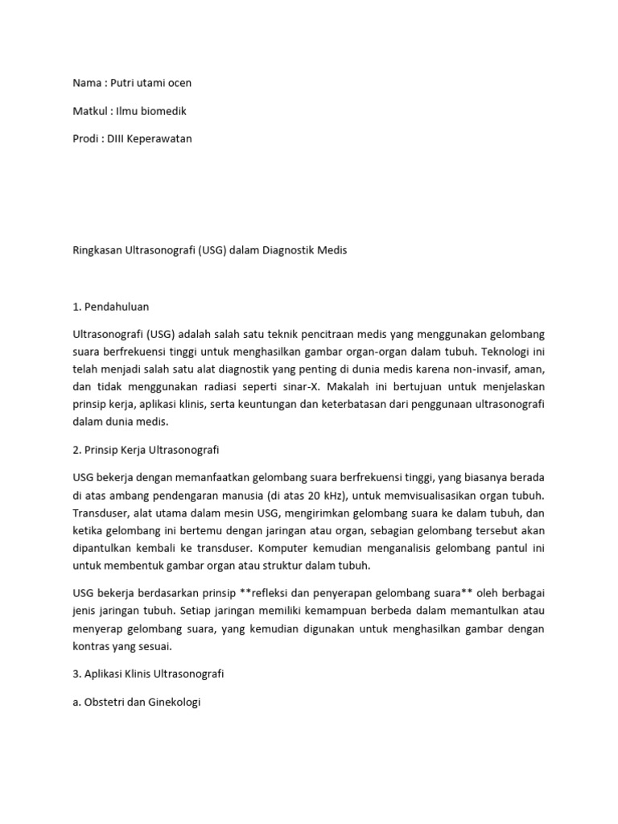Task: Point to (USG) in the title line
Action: coord(212,250)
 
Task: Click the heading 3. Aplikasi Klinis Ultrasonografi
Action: coord(149,674)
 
